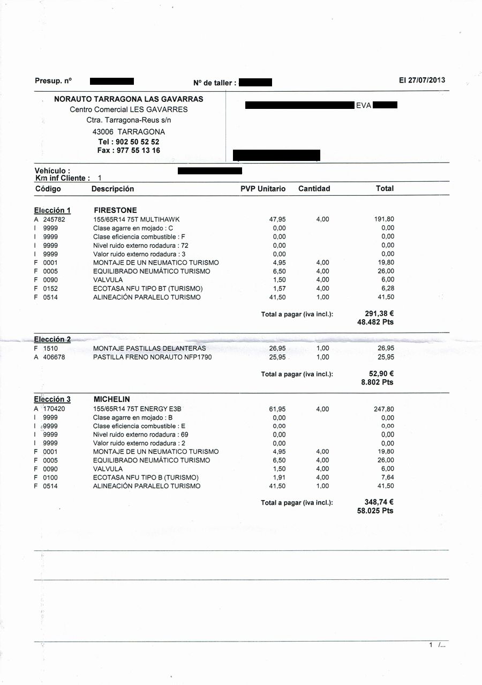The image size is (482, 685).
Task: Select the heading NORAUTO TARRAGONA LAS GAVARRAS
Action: pyautogui.click(x=129, y=99)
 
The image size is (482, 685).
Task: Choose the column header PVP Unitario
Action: pyautogui.click(x=263, y=189)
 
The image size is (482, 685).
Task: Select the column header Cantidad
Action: pyautogui.click(x=314, y=189)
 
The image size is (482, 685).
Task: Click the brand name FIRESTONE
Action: pyautogui.click(x=115, y=210)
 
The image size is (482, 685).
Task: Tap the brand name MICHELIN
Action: pyautogui.click(x=111, y=400)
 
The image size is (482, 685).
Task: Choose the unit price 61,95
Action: pyautogui.click(x=277, y=409)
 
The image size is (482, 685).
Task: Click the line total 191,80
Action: pyautogui.click(x=383, y=219)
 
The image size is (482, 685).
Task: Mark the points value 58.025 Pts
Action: pyautogui.click(x=375, y=511)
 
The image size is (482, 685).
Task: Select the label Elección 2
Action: pyautogui.click(x=52, y=340)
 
